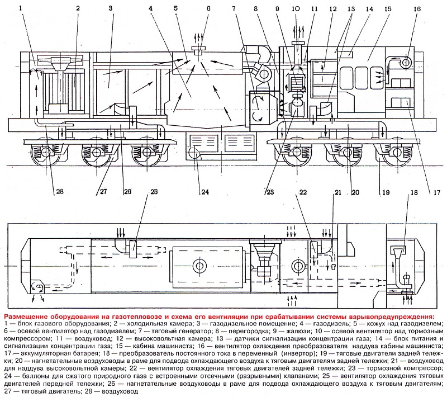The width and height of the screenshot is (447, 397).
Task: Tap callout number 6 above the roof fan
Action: [x=208, y=9]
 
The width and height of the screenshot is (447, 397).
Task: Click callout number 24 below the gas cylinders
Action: [x=205, y=193]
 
